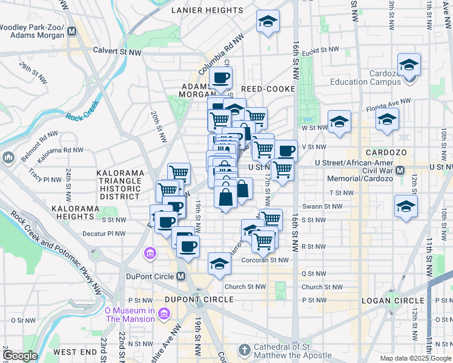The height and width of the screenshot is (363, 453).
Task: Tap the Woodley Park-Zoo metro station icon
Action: [x=72, y=31]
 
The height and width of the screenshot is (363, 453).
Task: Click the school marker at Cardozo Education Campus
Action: [x=409, y=65]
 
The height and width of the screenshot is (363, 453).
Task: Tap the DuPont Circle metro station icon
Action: [x=180, y=276]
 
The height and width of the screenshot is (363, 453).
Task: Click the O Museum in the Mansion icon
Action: [x=164, y=313]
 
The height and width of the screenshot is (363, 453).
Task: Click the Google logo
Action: [x=20, y=356]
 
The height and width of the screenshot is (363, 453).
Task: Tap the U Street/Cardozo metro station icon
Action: [x=399, y=171]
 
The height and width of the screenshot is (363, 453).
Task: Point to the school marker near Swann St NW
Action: [x=406, y=207]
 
